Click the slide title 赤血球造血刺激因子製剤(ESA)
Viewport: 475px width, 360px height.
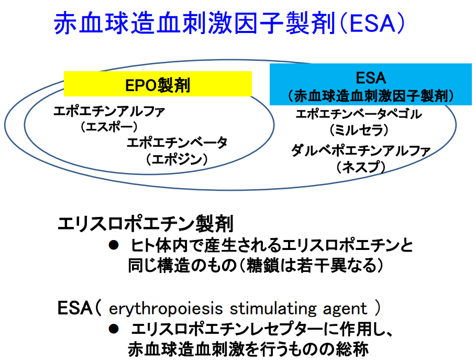point(230,24)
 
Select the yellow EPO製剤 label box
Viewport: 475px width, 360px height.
point(158,84)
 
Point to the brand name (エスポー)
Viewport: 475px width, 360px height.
point(109,126)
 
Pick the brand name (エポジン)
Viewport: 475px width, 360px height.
point(177,158)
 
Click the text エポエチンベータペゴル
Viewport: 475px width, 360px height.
point(359,114)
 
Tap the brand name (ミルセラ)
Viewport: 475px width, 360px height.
point(359,128)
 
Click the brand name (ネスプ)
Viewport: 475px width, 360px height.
point(360,167)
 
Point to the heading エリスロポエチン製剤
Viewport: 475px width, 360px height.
point(145,224)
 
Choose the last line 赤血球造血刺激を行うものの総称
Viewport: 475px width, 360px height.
point(249,348)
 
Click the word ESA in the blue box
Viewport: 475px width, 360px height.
point(371,78)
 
